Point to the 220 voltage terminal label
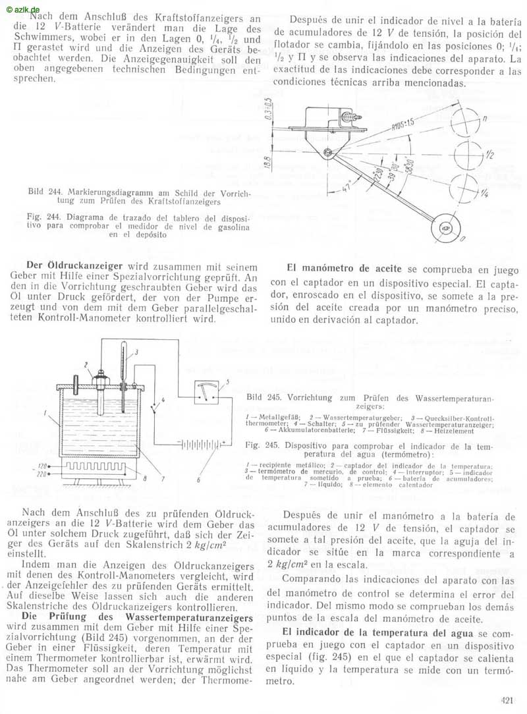[43, 474]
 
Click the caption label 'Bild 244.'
[45, 192]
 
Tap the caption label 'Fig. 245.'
[258, 445]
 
